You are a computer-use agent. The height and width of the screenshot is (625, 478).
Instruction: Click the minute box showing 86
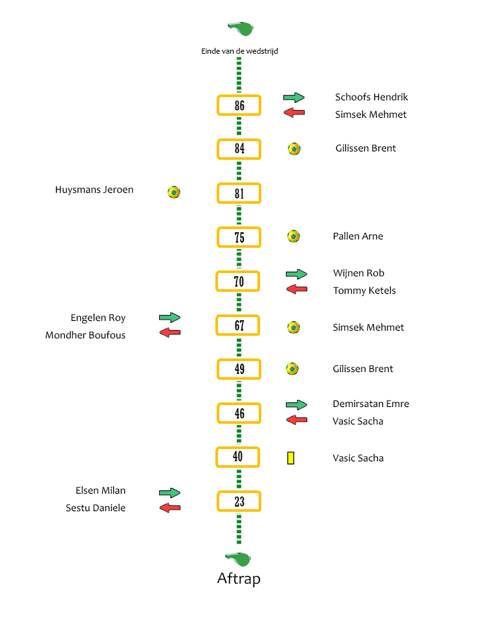click(x=239, y=105)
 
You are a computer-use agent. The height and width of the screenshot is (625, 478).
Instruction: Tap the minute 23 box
click(x=239, y=501)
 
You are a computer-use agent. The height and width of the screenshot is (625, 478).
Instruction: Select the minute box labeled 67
click(x=238, y=325)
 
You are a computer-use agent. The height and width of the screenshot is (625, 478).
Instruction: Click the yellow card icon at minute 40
click(x=291, y=458)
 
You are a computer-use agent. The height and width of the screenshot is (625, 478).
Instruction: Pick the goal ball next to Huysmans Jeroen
click(x=174, y=192)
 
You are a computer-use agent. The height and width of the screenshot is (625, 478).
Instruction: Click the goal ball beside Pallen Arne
click(x=294, y=236)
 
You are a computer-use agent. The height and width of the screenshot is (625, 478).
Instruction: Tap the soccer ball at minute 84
click(x=294, y=149)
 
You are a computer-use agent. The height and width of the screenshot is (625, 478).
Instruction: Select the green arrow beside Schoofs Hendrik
click(x=294, y=97)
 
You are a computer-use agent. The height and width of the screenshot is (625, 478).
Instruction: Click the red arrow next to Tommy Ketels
click(x=297, y=289)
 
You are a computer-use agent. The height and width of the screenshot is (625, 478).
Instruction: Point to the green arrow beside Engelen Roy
click(x=169, y=317)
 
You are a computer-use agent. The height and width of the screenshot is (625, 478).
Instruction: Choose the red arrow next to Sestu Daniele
click(x=169, y=507)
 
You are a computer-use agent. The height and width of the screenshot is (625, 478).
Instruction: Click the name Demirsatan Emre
click(x=371, y=404)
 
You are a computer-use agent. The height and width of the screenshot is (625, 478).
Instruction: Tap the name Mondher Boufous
click(x=85, y=335)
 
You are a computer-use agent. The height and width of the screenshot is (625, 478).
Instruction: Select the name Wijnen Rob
click(x=358, y=273)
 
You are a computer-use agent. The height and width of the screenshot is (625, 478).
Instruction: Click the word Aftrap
click(x=239, y=579)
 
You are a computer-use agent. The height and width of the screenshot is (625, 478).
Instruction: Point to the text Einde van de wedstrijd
click(x=239, y=51)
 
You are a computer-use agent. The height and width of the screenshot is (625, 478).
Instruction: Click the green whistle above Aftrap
click(x=238, y=559)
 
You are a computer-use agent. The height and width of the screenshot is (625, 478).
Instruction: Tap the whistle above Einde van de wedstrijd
click(x=241, y=28)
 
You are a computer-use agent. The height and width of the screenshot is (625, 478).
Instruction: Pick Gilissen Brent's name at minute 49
click(x=363, y=369)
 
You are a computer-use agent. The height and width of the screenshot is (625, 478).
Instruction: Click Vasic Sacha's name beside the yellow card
click(x=358, y=458)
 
